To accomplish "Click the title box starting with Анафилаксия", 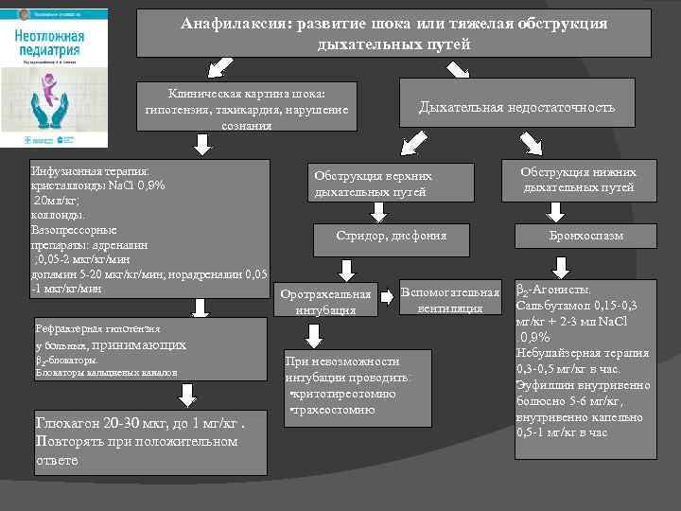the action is (x=393, y=33).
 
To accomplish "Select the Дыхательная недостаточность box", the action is (x=516, y=108).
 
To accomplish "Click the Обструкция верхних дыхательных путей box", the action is (x=374, y=183).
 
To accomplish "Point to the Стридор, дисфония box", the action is (x=391, y=235).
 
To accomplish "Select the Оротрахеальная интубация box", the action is (x=323, y=298).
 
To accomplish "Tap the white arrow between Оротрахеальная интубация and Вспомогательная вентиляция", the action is (x=388, y=300).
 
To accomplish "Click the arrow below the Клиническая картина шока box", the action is (x=201, y=143).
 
